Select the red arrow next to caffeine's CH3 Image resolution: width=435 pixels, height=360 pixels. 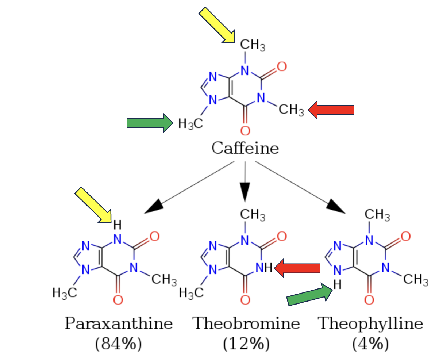tap(331, 110)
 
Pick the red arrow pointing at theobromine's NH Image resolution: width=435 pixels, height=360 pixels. tap(297, 269)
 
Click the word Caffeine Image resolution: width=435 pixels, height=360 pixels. tap(245, 149)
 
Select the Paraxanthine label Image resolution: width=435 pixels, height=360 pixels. tap(119, 323)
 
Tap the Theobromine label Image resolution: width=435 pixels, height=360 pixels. tap(246, 323)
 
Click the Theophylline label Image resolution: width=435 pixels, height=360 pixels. tap(370, 323)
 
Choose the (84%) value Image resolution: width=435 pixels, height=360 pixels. tap(119, 344)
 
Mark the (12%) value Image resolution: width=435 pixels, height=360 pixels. tap(246, 344)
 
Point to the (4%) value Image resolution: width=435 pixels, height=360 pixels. tap(370, 344)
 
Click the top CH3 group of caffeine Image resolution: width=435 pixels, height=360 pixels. tap(252, 46)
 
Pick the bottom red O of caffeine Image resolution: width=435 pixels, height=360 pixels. tap(245, 130)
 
